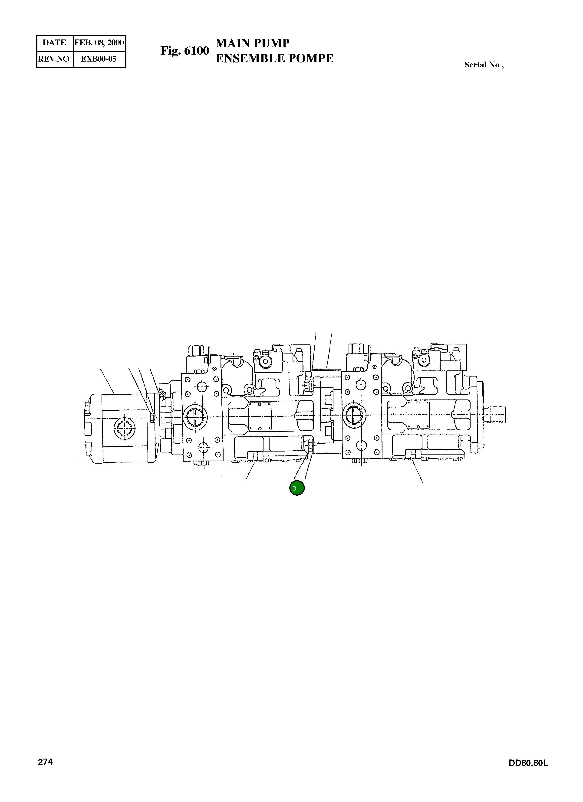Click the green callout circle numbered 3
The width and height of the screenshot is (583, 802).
[x=297, y=488]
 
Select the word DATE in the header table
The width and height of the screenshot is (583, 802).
[x=54, y=43]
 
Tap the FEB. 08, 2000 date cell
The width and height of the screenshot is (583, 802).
[x=99, y=43]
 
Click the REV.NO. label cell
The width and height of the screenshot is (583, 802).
[x=54, y=59]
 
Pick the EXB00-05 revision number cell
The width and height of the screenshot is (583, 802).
[x=99, y=59]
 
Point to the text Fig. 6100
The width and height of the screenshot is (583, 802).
[x=185, y=51]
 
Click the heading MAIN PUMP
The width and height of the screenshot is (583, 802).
[x=253, y=43]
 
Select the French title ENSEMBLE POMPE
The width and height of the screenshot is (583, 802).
[x=274, y=58]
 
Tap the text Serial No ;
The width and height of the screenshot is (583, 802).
[x=484, y=65]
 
